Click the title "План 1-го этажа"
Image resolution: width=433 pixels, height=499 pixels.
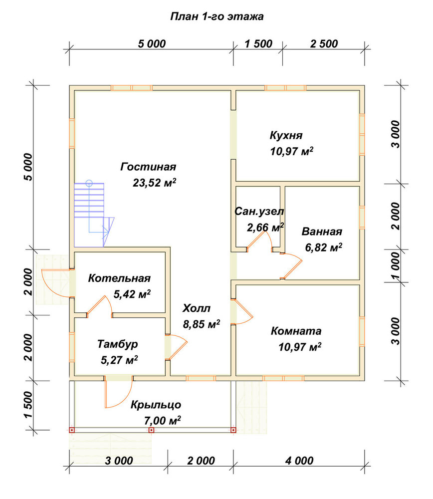tap(216, 16)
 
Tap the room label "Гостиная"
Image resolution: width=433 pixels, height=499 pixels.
tap(148, 167)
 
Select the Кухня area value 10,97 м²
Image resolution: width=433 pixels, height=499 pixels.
tap(292, 151)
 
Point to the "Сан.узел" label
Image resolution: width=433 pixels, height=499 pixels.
tap(259, 211)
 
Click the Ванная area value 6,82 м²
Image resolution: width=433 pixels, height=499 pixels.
tap(324, 248)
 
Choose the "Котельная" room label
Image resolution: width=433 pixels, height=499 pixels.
tap(119, 278)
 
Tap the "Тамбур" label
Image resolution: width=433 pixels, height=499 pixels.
tap(118, 344)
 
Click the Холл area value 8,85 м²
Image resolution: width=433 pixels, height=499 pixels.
tap(202, 324)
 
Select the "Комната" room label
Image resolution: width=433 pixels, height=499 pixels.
tap(296, 331)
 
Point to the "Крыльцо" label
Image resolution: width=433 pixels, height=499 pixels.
tap(156, 405)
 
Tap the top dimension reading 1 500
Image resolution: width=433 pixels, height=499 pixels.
tap(258, 44)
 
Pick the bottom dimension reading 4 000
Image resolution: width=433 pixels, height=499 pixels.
tap(299, 461)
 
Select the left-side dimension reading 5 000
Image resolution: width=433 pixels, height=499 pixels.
tap(28, 167)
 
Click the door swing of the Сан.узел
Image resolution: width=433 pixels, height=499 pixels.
tap(260, 241)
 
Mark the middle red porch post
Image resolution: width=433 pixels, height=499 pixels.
tap(152, 430)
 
